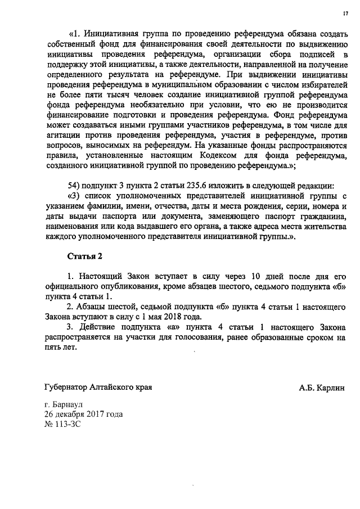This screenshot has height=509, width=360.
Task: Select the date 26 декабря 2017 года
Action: (83, 415)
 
